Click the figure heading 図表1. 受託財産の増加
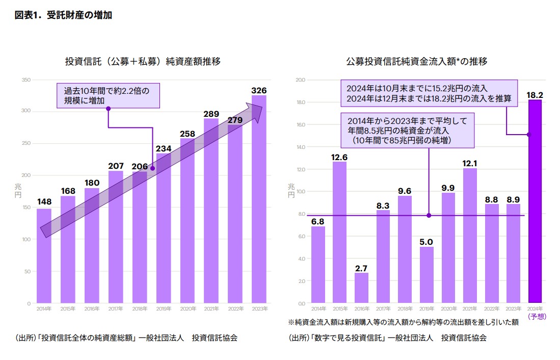tap(64, 15)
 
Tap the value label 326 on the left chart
tap(259, 91)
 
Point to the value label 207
tap(116, 166)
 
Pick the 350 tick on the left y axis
tap(26, 80)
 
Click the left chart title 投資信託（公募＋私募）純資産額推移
tap(143, 62)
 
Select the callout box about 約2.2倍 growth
tap(108, 95)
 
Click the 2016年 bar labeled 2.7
tap(361, 288)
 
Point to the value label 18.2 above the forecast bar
tap(535, 95)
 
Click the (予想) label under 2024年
tap(537, 316)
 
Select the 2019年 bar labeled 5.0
tap(426, 275)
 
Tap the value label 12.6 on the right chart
tap(339, 157)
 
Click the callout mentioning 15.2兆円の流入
tap(429, 93)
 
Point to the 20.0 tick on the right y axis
tap(300, 80)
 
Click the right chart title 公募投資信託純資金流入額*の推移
tap(417, 62)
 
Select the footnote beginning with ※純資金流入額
tap(403, 322)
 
